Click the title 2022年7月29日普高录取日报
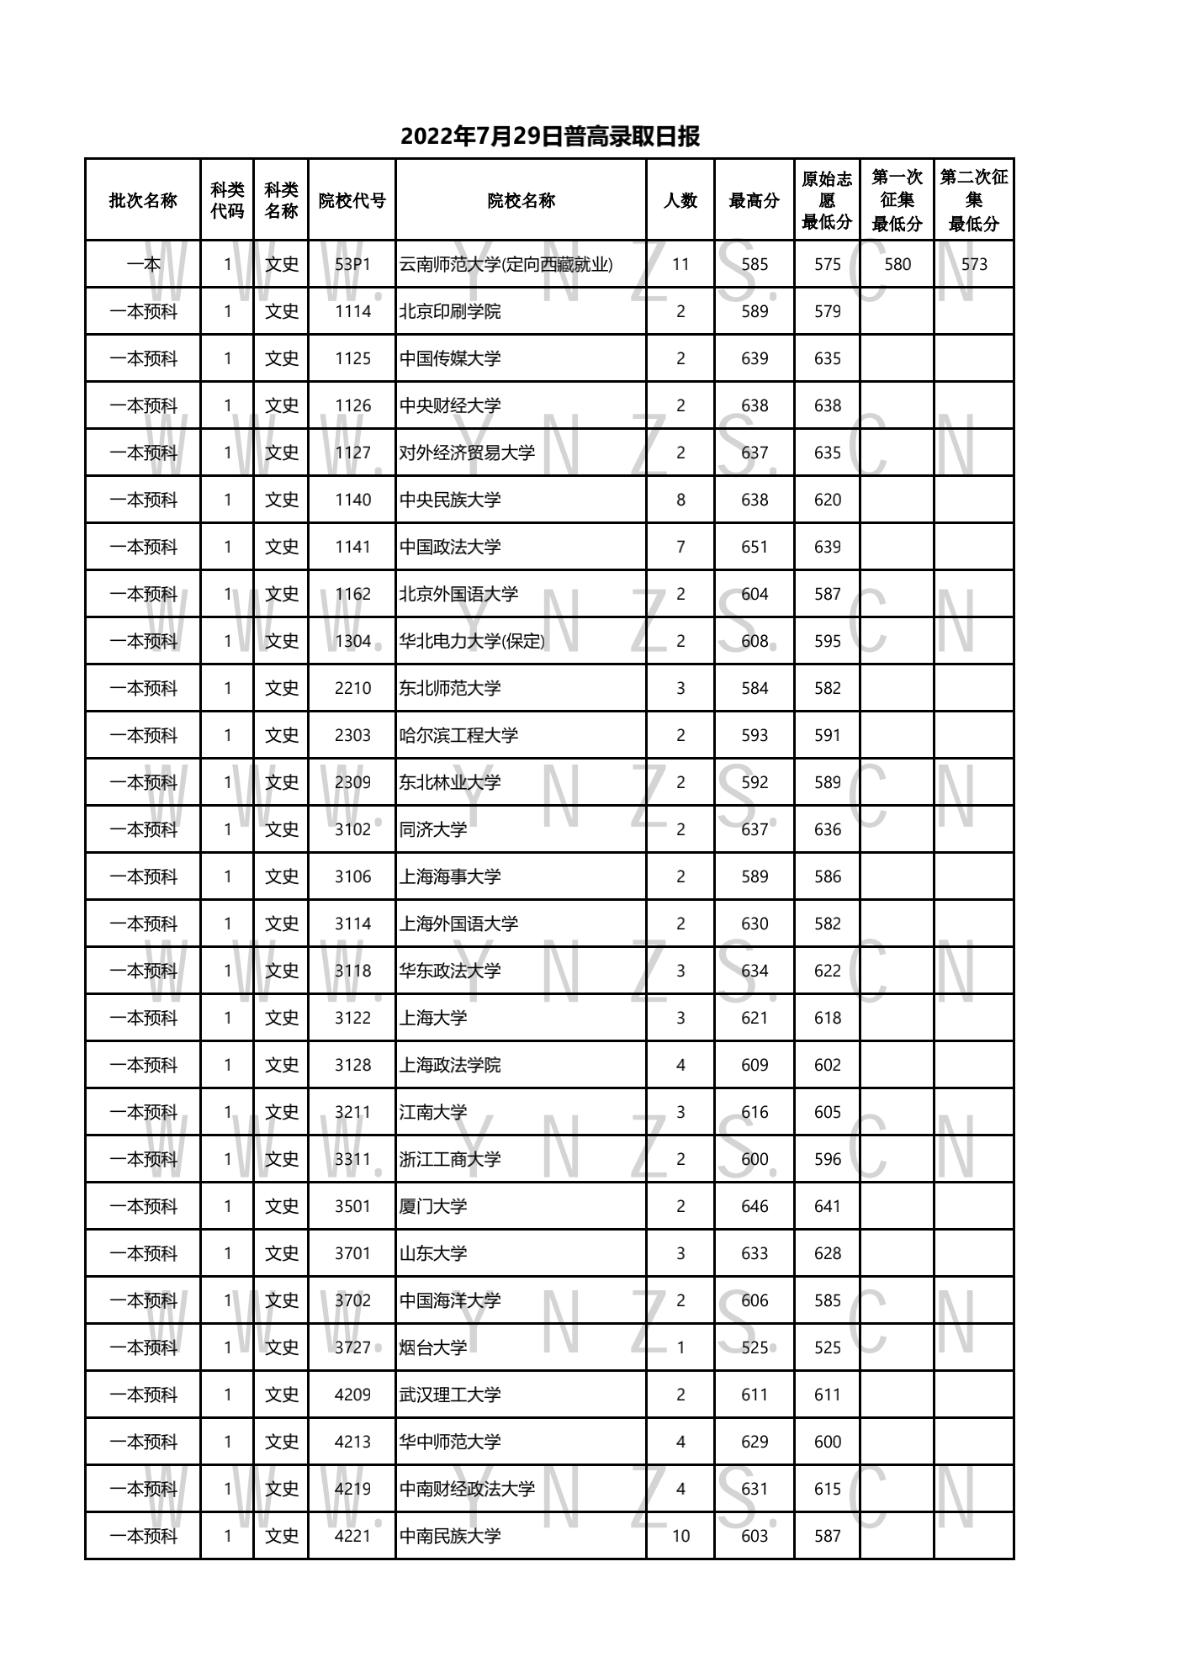550,136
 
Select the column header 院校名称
521,200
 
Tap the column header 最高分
754,200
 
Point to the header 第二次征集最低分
973,200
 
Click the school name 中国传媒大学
450,358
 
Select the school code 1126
352,405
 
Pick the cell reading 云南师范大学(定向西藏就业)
506,264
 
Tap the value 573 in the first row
974,264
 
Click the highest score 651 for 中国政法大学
754,547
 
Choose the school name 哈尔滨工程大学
458,735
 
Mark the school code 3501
352,1206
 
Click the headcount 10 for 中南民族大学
680,1536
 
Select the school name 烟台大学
433,1347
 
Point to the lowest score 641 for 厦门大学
828,1206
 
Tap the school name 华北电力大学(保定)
472,641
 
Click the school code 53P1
352,264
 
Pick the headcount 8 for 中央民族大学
680,500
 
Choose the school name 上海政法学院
450,1065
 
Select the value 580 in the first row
897,264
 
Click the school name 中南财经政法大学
467,1489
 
